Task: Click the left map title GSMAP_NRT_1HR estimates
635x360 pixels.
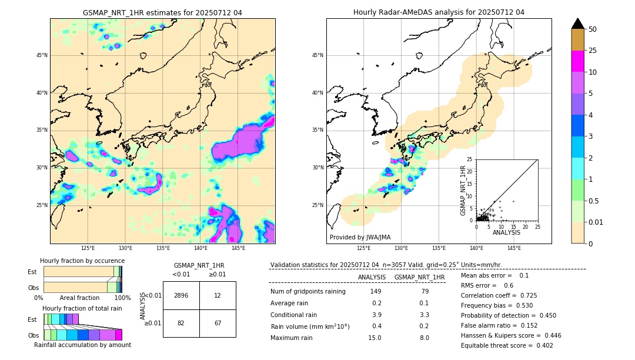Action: point(162,12)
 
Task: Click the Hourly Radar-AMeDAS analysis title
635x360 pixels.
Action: point(439,12)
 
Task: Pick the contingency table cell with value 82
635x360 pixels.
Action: point(181,324)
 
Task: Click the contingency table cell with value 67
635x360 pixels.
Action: point(218,324)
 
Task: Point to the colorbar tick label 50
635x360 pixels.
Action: point(593,29)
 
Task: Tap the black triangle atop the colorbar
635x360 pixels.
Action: point(578,23)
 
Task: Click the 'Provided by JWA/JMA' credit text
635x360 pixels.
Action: point(360,237)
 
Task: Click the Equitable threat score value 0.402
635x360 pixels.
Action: point(541,345)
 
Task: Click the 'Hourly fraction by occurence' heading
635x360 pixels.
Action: point(82,261)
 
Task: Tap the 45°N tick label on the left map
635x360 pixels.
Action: point(42,55)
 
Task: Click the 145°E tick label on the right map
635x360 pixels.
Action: point(514,248)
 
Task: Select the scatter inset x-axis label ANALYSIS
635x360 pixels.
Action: point(506,232)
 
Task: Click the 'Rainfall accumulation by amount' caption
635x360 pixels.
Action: point(82,345)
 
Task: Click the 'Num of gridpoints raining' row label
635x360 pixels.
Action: point(308,292)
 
